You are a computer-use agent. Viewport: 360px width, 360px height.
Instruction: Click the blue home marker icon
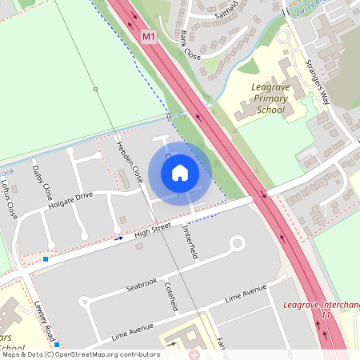pyautogui.click(x=180, y=173)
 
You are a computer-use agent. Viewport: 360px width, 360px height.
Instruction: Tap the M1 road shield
pyautogui.click(x=148, y=37)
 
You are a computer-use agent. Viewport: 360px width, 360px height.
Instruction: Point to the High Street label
pyautogui.click(x=153, y=230)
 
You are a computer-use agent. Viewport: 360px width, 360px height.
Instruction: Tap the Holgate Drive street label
pyautogui.click(x=70, y=199)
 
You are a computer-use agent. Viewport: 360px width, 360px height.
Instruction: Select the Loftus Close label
pyautogui.click(x=9, y=198)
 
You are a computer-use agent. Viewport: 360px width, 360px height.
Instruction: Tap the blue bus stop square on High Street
pyautogui.click(x=46, y=259)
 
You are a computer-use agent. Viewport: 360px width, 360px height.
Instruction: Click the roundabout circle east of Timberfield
pyautogui.click(x=236, y=242)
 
